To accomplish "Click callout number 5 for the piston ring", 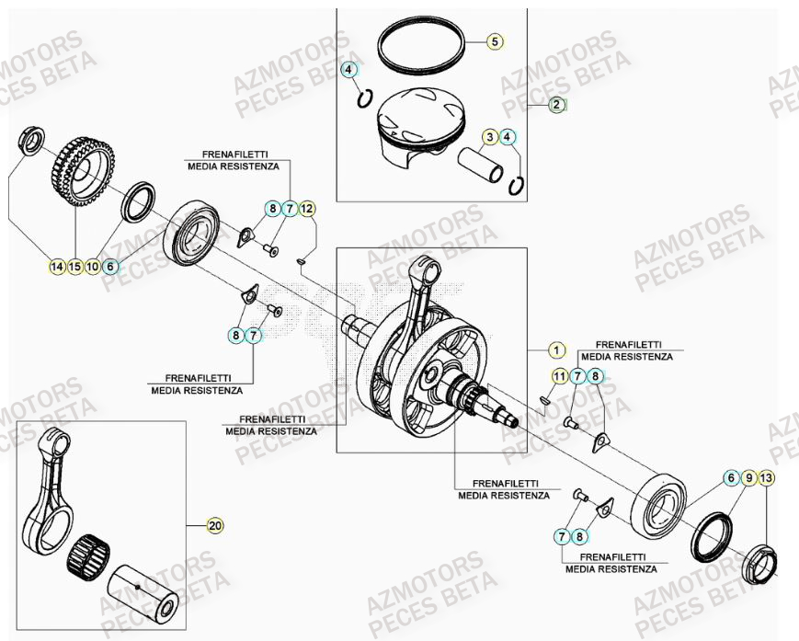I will pyautogui.click(x=493, y=41).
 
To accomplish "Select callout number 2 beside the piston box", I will pyautogui.click(x=556, y=105).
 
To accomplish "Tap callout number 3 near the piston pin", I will pyautogui.click(x=491, y=137).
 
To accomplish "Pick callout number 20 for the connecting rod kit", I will pyautogui.click(x=214, y=526).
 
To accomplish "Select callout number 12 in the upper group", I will pyautogui.click(x=307, y=210).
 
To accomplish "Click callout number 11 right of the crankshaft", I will pyautogui.click(x=558, y=375).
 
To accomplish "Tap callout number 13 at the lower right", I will pyautogui.click(x=767, y=477).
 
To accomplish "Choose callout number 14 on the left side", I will pyautogui.click(x=57, y=267).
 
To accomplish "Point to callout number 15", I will pyautogui.click(x=74, y=267).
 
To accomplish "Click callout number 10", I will pyautogui.click(x=92, y=267).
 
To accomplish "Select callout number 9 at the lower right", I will pyautogui.click(x=749, y=477).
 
